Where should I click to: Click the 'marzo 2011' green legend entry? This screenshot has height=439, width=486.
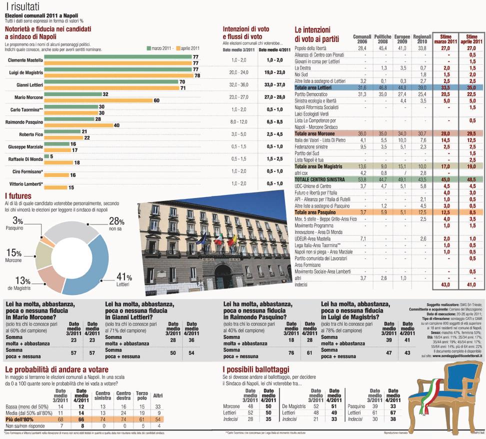tap(162, 48)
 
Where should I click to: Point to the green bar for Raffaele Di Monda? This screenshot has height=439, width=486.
tap(46, 156)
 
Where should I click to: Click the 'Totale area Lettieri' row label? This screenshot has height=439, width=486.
tap(314, 87)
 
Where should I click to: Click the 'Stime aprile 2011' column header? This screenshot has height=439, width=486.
tap(471, 39)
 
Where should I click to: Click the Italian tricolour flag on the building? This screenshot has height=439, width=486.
tap(218, 239)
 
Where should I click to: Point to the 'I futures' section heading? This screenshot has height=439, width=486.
tap(18, 195)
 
